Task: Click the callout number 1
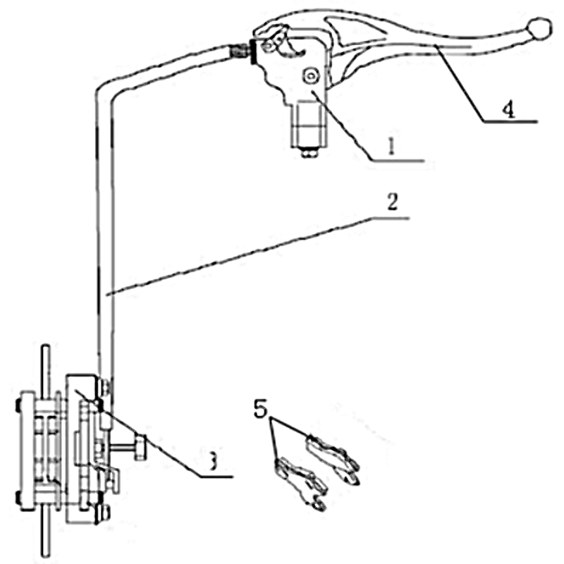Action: click(x=391, y=147)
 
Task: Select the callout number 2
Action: click(x=393, y=202)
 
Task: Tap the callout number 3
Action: click(x=214, y=461)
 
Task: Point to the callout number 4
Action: click(x=508, y=110)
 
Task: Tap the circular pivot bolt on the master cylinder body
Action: click(x=311, y=76)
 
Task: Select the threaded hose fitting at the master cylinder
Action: click(x=240, y=51)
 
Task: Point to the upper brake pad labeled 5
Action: click(x=333, y=457)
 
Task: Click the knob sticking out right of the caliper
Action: click(x=140, y=447)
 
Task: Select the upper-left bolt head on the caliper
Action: click(x=18, y=405)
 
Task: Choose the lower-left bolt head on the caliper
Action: click(x=18, y=498)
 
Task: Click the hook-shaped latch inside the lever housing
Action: click(x=294, y=49)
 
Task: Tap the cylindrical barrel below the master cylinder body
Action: click(x=309, y=125)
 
